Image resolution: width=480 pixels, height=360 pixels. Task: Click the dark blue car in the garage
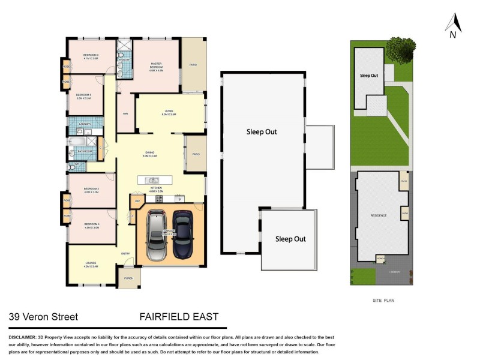(x=184, y=235)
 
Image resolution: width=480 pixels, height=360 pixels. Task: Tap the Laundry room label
(x=84, y=124)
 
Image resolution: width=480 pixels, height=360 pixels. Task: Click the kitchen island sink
(x=154, y=180)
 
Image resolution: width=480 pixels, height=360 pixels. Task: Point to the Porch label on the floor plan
(x=128, y=278)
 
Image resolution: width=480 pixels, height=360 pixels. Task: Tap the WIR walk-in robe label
(x=126, y=113)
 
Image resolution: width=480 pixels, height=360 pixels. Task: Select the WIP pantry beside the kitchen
(x=137, y=200)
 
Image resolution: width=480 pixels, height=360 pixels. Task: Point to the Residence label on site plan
(x=378, y=215)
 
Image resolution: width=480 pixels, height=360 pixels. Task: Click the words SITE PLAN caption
(x=380, y=300)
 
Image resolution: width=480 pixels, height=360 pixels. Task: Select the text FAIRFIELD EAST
(x=179, y=317)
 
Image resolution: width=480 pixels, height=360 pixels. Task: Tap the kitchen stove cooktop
(x=179, y=198)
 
